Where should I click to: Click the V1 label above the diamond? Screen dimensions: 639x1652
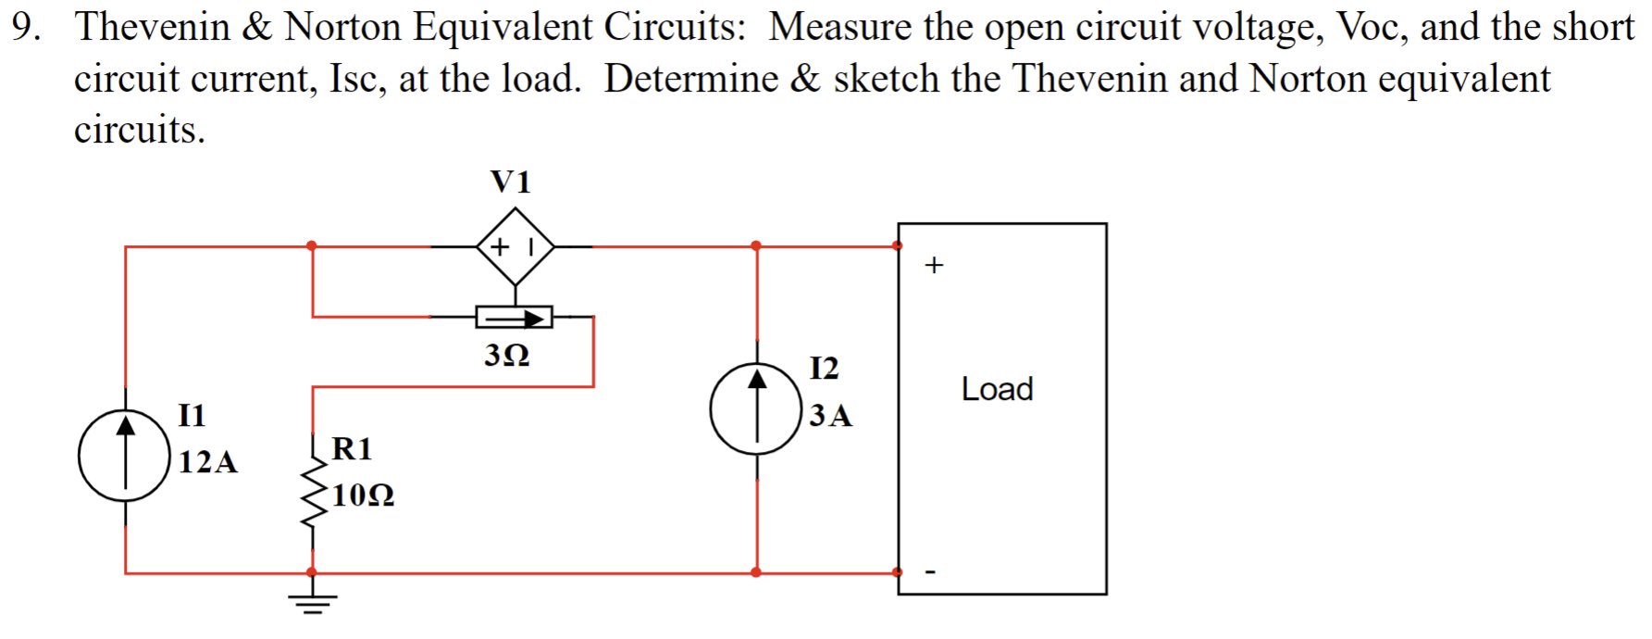pyautogui.click(x=511, y=182)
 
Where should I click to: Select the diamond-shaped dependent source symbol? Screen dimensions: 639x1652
pyautogui.click(x=515, y=246)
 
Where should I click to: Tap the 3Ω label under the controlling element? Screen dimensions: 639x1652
pyautogui.click(x=507, y=355)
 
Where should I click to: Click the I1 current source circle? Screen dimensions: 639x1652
pyautogui.click(x=125, y=456)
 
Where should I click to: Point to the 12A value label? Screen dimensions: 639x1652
pyautogui.click(x=207, y=461)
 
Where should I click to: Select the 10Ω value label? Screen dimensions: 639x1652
pyautogui.click(x=363, y=495)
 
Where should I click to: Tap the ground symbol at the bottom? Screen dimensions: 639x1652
pyautogui.click(x=312, y=602)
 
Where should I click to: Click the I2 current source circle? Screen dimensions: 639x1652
pyautogui.click(x=756, y=408)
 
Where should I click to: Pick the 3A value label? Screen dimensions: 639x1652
pyautogui.click(x=830, y=415)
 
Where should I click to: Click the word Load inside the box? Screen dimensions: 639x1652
pyautogui.click(x=997, y=389)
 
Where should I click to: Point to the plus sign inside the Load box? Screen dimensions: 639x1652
pyautogui.click(x=934, y=266)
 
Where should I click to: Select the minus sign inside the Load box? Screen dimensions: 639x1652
pyautogui.click(x=931, y=572)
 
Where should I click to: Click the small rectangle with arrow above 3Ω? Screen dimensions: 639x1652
pyautogui.click(x=515, y=318)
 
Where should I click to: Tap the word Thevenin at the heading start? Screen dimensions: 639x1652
pyautogui.click(x=153, y=27)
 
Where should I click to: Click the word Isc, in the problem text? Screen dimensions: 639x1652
pyautogui.click(x=358, y=79)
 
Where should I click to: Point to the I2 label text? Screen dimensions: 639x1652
pyautogui.click(x=824, y=368)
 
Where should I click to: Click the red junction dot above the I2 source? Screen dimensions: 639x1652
pyautogui.click(x=756, y=245)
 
